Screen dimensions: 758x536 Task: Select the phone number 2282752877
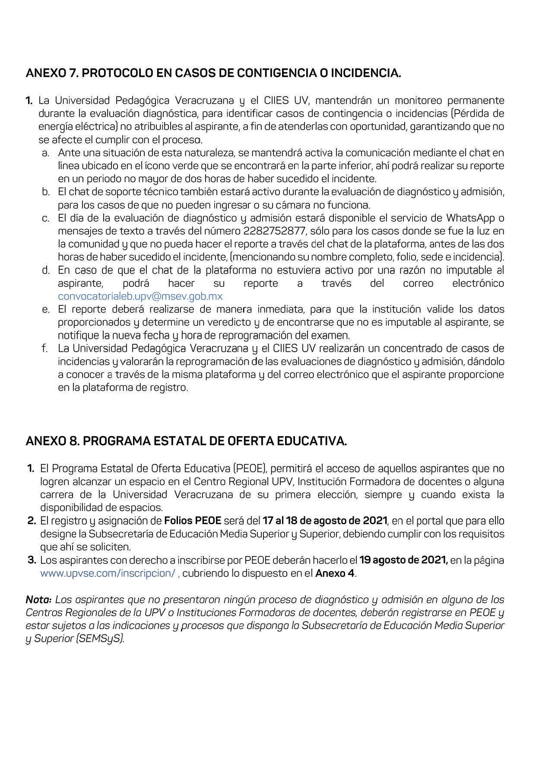coord(274,231)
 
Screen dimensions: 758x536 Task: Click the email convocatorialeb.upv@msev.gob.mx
coord(140,296)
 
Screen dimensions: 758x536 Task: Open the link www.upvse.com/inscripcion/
coord(108,573)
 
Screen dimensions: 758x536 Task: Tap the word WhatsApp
coord(470,218)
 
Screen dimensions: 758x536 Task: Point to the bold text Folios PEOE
coord(193,521)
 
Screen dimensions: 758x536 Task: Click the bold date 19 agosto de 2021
coord(403,561)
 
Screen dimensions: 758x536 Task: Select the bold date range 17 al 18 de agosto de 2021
coord(325,521)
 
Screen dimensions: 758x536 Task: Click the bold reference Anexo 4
coord(335,573)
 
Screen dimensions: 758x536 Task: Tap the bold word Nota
coord(38,600)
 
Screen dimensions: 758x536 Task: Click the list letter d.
coord(45,271)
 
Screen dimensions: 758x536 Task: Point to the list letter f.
coord(45,348)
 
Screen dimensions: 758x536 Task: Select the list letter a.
coord(45,153)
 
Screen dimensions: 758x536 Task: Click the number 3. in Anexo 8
coord(32,561)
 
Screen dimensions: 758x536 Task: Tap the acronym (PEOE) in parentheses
coord(250,469)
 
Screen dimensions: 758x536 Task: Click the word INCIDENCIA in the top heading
coord(365,73)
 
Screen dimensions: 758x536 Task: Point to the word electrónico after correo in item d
coord(478,283)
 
